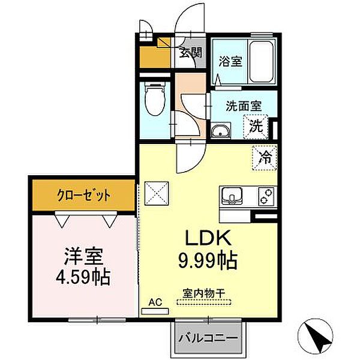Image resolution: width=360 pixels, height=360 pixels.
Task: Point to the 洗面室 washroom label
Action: tap(244, 106)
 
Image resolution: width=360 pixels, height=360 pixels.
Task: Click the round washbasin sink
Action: tap(221, 132)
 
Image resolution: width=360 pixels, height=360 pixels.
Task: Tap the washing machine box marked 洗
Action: tap(256, 127)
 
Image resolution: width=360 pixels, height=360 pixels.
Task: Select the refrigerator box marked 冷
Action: tap(264, 158)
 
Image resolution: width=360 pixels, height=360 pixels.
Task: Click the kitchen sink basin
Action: tap(232, 196)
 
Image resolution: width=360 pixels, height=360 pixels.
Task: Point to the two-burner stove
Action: tap(265, 196)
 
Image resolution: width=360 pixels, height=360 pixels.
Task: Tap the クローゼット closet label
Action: tap(84, 196)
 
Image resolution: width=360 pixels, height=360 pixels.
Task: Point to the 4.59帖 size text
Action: tap(83, 279)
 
